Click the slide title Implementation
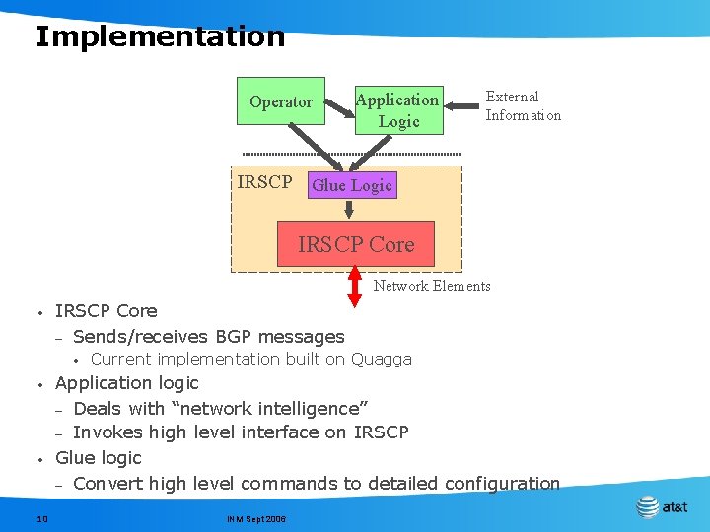160,37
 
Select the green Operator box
281,101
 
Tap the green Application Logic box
398,109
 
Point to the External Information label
523,106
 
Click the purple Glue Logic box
352,185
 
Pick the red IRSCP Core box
356,244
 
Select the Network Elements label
431,286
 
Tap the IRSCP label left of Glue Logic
264,182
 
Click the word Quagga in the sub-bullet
382,360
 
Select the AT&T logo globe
647,507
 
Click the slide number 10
42,518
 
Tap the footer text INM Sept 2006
255,518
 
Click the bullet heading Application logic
127,383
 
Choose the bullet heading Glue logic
99,458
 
